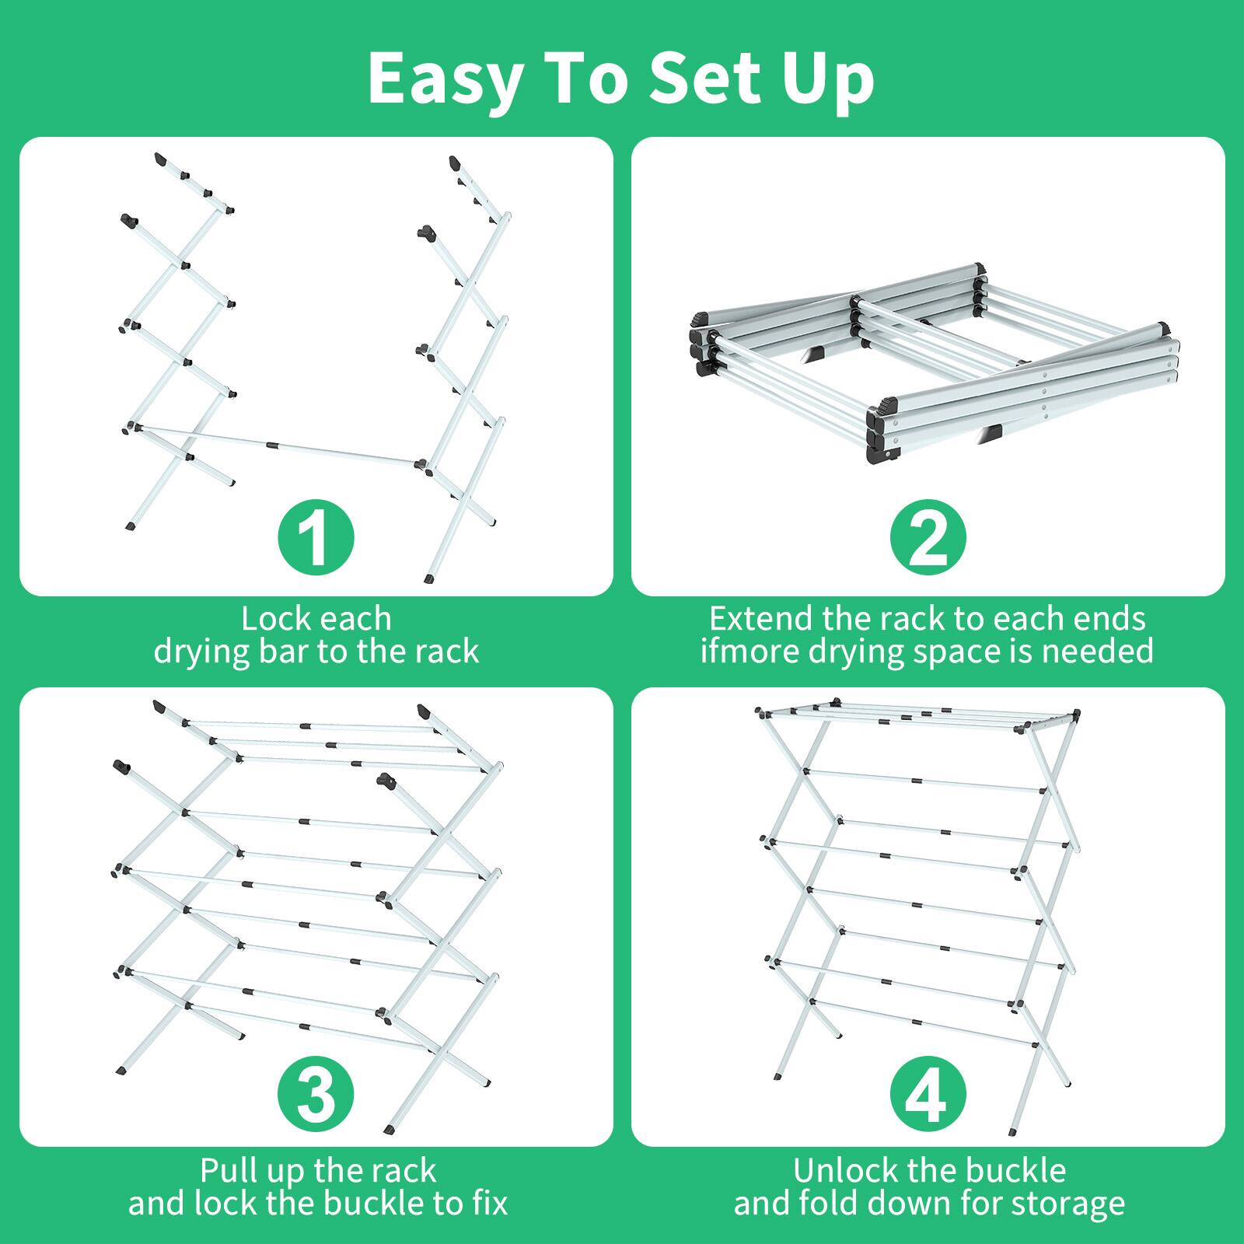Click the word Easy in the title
pos(445,79)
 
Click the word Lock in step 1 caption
pos(275,619)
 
